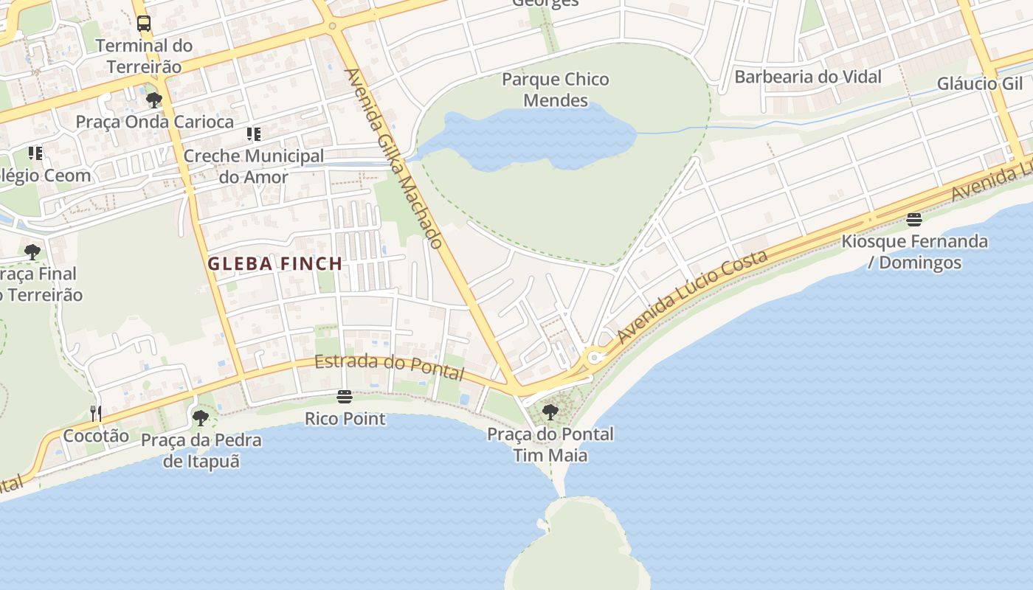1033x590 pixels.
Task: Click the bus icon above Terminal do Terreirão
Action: pyautogui.click(x=144, y=24)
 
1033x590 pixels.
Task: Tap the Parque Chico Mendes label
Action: pyautogui.click(x=556, y=89)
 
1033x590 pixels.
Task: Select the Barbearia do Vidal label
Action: pyautogui.click(x=808, y=77)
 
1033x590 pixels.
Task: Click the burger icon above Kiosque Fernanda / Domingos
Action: pyautogui.click(x=914, y=219)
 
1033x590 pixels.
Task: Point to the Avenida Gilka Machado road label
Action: pyautogui.click(x=394, y=159)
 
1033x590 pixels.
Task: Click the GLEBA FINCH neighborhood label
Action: pyautogui.click(x=275, y=263)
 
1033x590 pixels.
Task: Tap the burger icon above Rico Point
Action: pyautogui.click(x=345, y=397)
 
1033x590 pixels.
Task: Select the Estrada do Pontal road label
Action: pyautogui.click(x=390, y=366)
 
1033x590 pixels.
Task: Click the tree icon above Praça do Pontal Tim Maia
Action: pyautogui.click(x=550, y=412)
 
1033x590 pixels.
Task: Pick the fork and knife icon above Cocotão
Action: pyautogui.click(x=95, y=413)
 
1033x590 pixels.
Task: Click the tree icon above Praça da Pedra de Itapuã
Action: pyautogui.click(x=201, y=418)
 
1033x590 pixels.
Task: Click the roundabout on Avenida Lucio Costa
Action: pyautogui.click(x=593, y=359)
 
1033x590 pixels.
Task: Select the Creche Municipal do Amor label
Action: pyautogui.click(x=253, y=167)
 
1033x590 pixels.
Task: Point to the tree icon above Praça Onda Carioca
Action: pyautogui.click(x=154, y=100)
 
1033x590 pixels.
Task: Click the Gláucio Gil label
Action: pyautogui.click(x=980, y=83)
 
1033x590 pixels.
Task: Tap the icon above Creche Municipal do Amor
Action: pyautogui.click(x=254, y=133)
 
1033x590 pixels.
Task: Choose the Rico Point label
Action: pyautogui.click(x=345, y=419)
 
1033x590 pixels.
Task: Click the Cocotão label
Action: pyautogui.click(x=96, y=436)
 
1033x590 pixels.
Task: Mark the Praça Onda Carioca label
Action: pyautogui.click(x=155, y=122)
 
